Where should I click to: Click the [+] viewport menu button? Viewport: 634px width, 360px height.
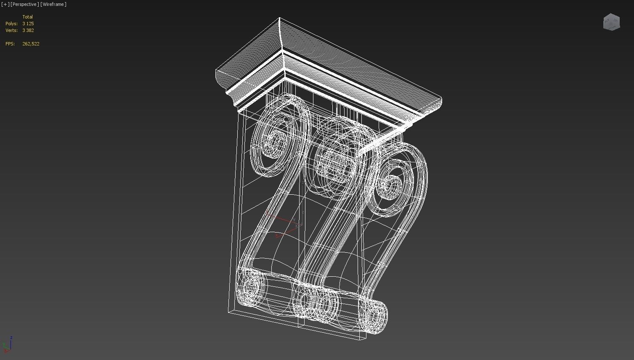[5, 4]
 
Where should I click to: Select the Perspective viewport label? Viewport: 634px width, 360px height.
[25, 4]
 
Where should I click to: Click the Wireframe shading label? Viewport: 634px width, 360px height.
[53, 4]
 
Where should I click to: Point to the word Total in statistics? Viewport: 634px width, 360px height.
[28, 17]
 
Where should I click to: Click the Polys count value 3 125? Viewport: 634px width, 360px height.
[28, 24]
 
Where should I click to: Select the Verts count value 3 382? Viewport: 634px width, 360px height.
[28, 30]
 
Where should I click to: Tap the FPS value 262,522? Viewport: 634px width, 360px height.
[31, 44]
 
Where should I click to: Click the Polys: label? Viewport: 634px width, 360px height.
[11, 24]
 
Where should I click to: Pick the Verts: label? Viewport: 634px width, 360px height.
[11, 30]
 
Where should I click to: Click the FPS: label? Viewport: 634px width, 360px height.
[10, 44]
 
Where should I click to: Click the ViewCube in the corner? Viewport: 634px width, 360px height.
[611, 22]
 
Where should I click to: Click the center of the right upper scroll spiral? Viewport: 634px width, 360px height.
[393, 184]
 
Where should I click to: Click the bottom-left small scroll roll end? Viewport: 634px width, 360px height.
[251, 288]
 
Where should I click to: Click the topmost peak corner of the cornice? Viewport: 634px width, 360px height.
[279, 18]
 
